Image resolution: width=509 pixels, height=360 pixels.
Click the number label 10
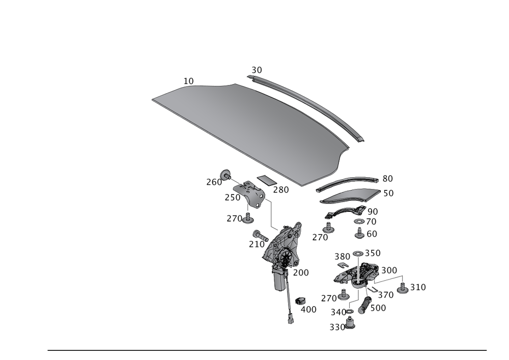189,80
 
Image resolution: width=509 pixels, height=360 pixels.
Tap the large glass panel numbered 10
249,127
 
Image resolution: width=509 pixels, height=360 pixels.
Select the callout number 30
257,70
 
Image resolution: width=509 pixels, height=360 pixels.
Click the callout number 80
387,179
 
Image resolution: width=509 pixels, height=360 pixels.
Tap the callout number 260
214,182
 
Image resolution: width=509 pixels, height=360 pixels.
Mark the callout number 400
308,309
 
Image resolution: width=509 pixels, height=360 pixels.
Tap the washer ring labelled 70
358,221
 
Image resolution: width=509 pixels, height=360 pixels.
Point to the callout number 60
372,233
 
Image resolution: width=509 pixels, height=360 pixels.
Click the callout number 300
389,270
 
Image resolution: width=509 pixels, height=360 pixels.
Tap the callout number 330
337,327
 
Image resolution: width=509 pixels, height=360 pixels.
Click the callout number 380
342,257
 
